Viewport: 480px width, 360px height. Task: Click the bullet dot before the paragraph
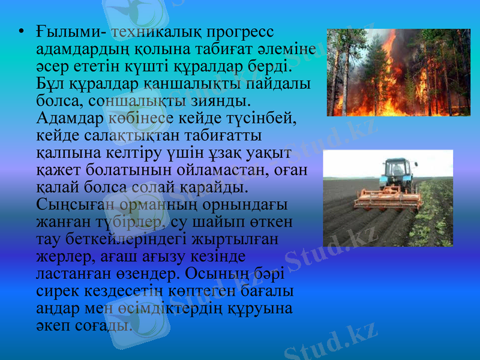[21, 31]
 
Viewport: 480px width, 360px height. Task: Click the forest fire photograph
[398, 72]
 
